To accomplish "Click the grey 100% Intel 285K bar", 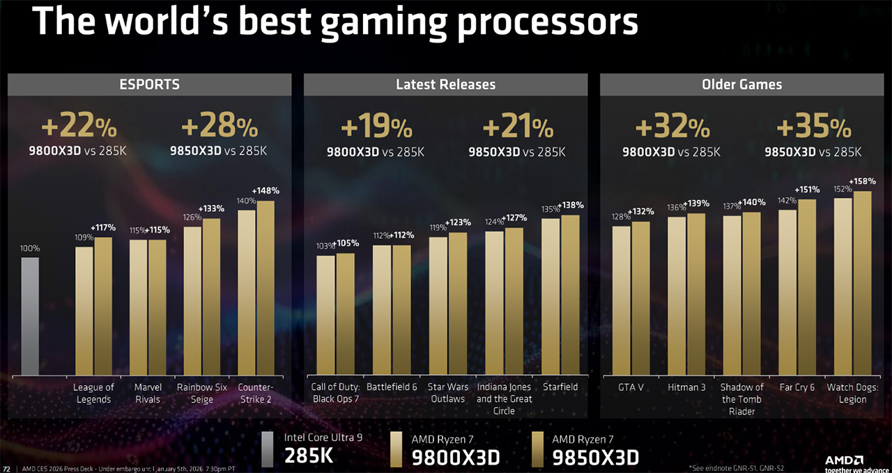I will (x=29, y=316).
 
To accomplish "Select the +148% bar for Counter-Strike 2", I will (x=266, y=288).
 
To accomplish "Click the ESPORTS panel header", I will (x=149, y=84).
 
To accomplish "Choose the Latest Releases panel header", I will (x=445, y=84).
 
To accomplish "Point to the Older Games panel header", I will (x=741, y=84).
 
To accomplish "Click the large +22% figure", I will (x=79, y=127).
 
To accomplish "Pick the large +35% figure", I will (x=813, y=127).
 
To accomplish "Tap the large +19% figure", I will (x=376, y=127).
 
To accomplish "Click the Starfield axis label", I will (x=560, y=387).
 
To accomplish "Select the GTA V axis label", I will (x=631, y=387).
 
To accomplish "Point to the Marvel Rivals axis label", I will (x=148, y=393).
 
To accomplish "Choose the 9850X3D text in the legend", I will (x=595, y=457).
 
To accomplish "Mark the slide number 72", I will (x=7, y=468).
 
